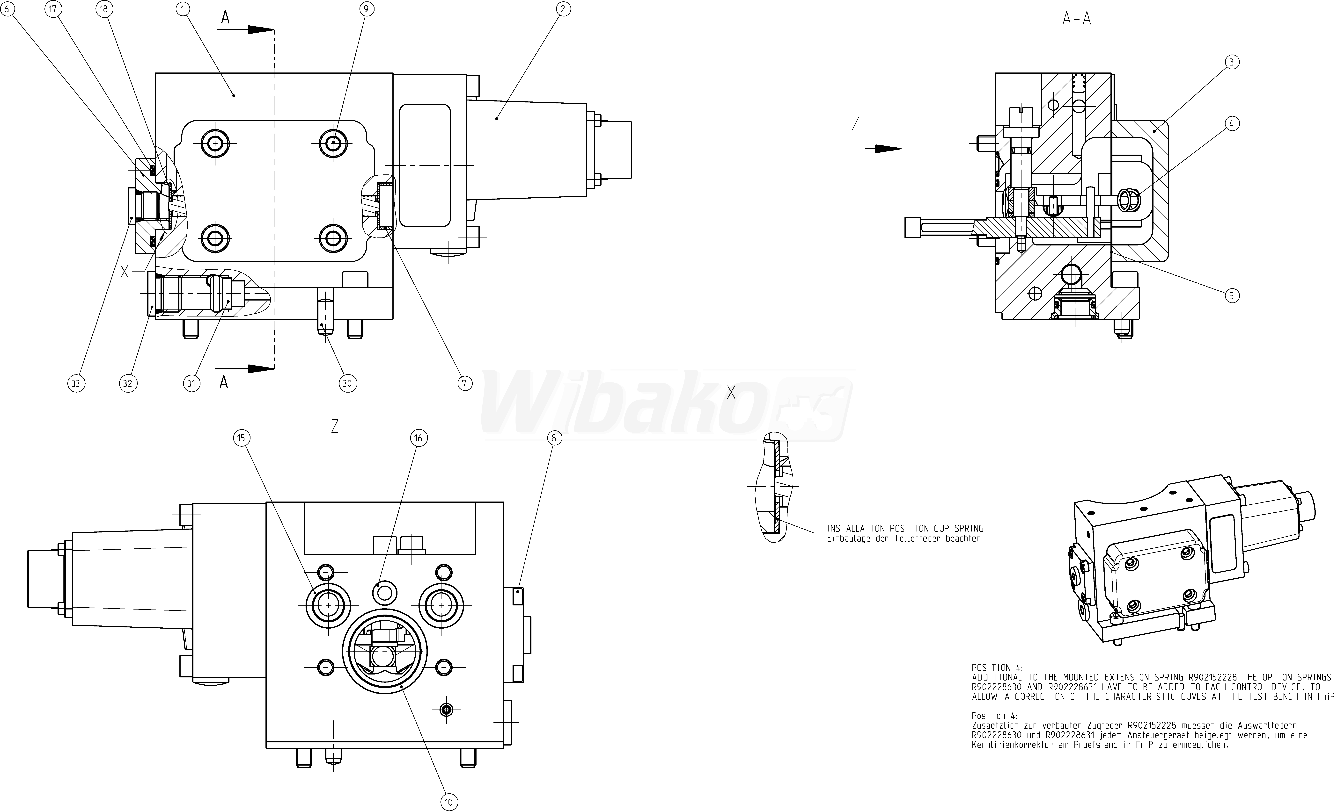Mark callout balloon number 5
click(1232, 296)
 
